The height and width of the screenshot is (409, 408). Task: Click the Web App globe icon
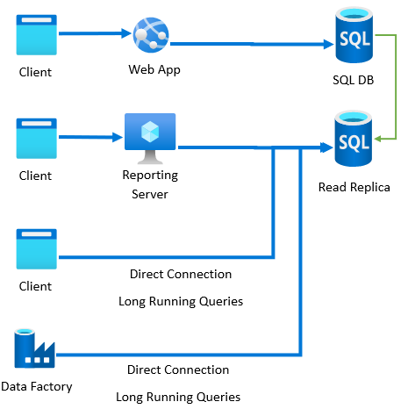coord(150,35)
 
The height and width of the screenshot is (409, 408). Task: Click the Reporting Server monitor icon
coord(150,137)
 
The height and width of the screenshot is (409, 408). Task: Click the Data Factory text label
coord(37,386)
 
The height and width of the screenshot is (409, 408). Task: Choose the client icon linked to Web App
coord(35,36)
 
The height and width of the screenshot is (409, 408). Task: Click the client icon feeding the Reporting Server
coord(35,138)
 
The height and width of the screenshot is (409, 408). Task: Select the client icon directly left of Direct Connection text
coord(35,248)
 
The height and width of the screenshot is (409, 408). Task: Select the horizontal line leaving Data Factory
coord(175,355)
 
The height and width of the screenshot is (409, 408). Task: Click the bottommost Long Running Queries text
coord(178,397)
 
